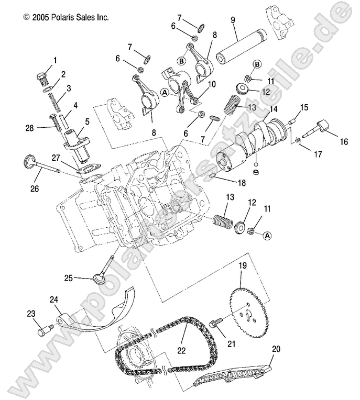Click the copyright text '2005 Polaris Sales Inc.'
(x=66, y=17)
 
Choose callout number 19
(x=243, y=265)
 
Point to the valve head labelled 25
(x=100, y=277)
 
